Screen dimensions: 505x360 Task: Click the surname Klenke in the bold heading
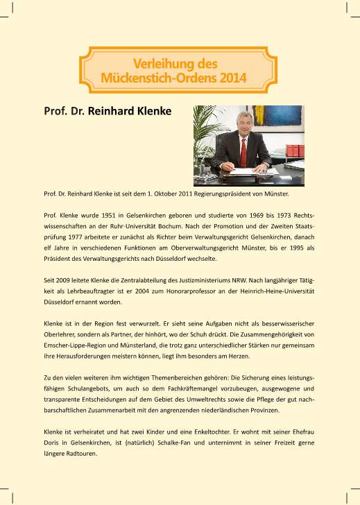152,111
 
